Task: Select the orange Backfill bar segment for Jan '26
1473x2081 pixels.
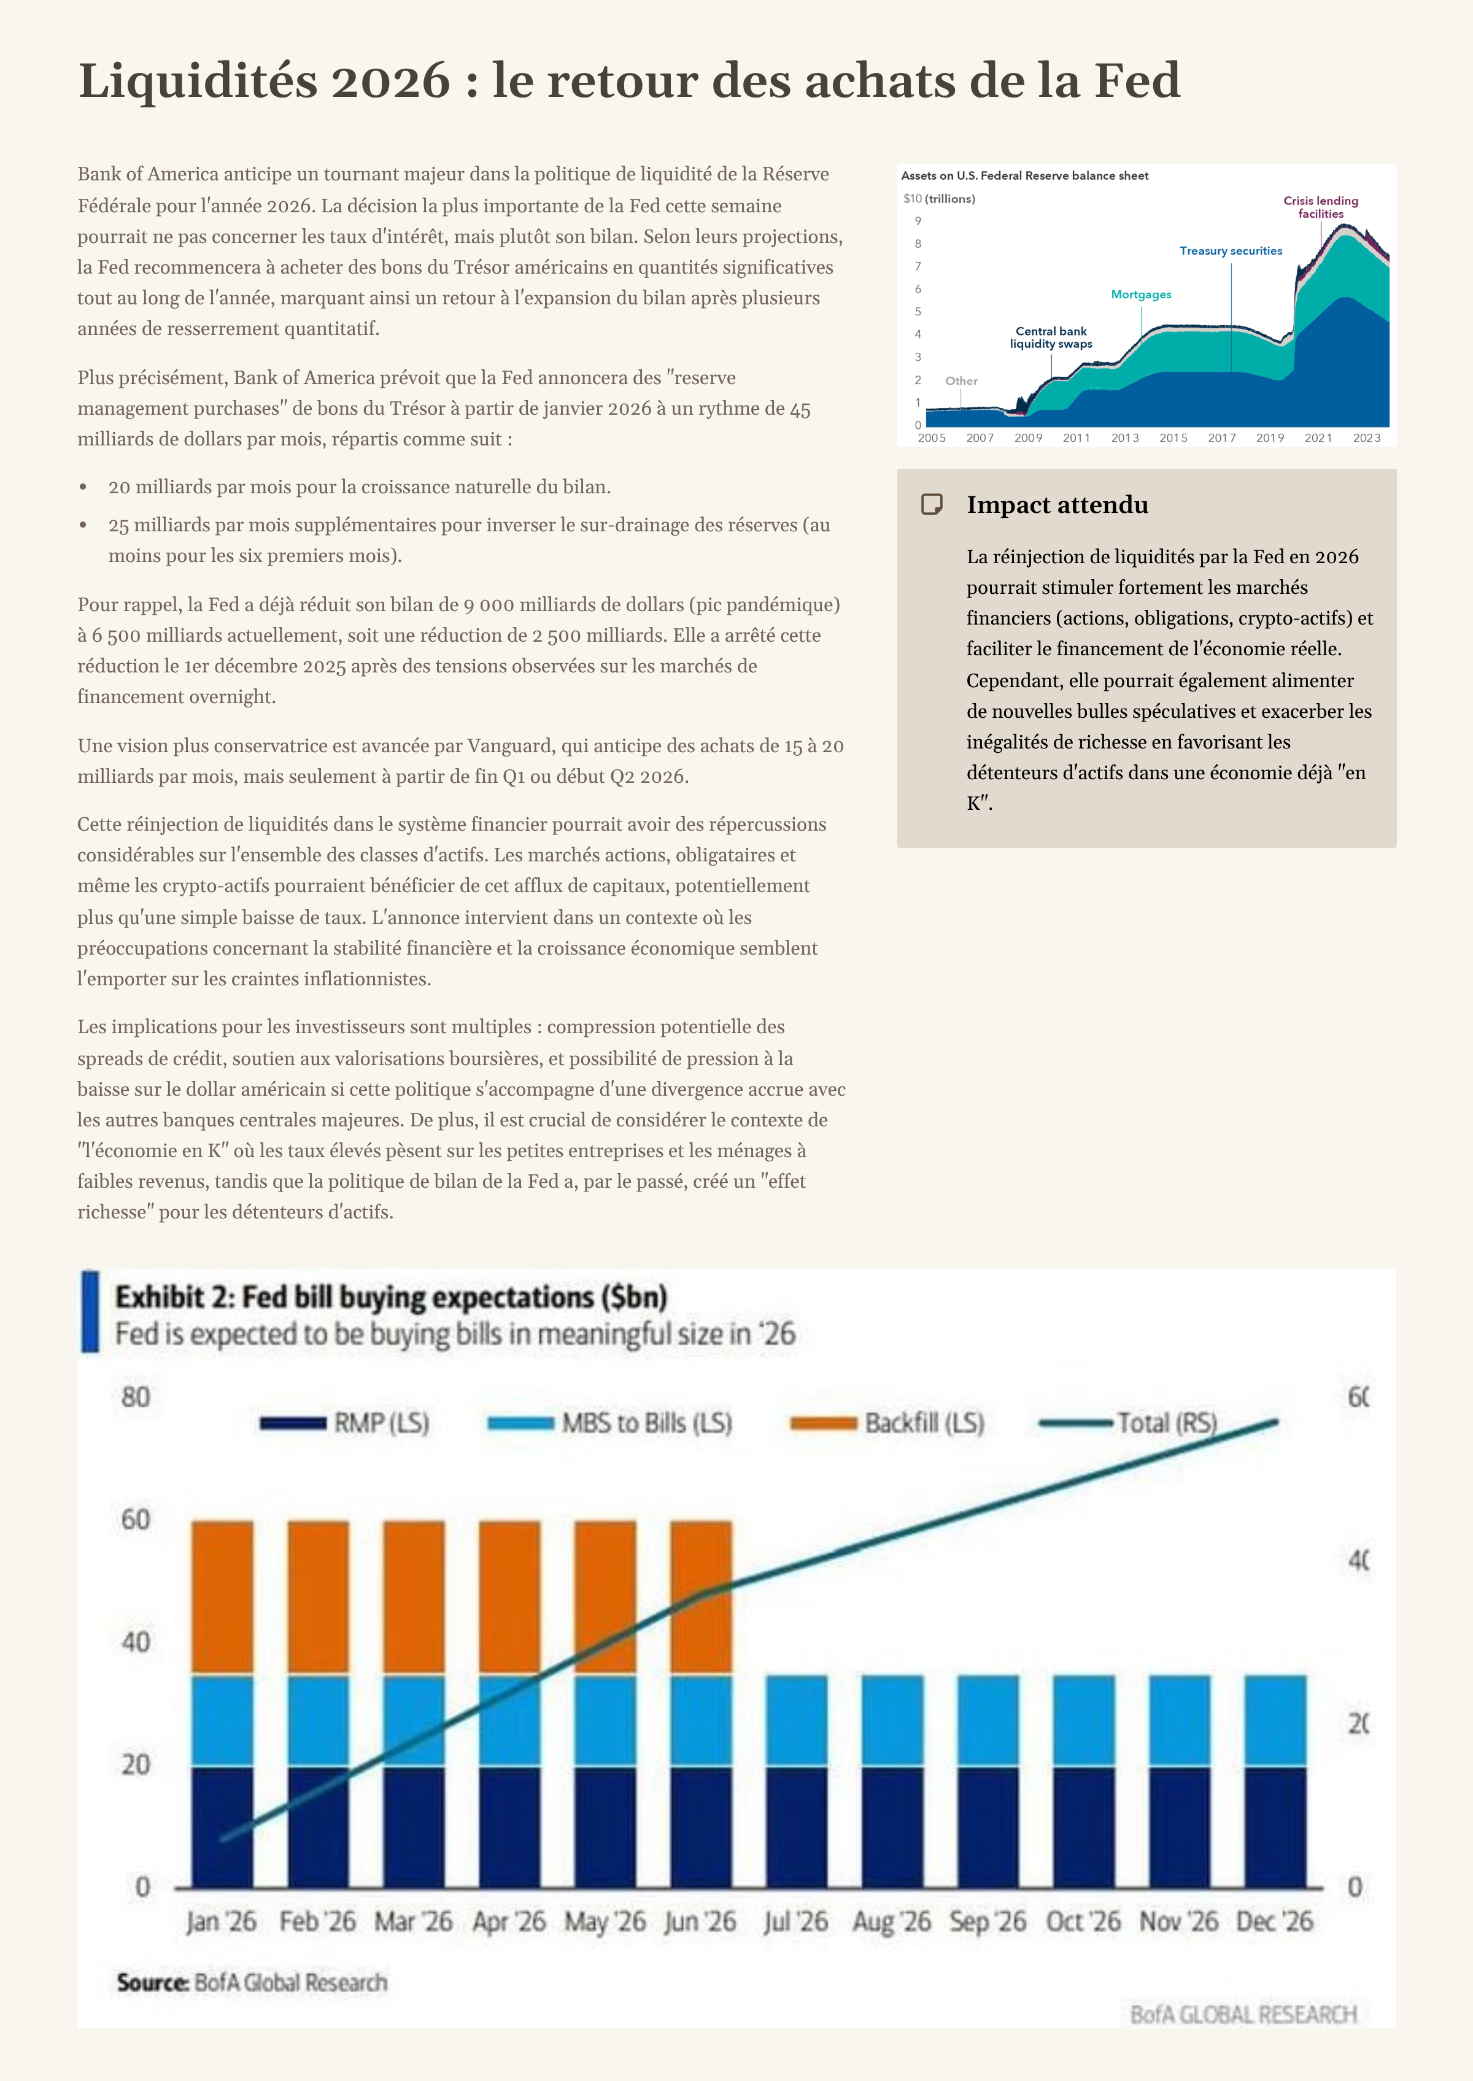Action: [222, 1597]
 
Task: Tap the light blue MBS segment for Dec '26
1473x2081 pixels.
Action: [1274, 1720]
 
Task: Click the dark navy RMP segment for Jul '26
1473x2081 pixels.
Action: [797, 1826]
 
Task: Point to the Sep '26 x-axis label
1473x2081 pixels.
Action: [987, 1920]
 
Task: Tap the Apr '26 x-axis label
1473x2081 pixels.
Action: [509, 1920]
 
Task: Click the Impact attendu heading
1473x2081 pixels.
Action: [1057, 504]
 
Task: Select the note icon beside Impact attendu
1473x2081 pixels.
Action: [932, 504]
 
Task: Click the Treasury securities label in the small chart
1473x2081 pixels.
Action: [1230, 251]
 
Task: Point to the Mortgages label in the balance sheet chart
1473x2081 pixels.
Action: [1140, 294]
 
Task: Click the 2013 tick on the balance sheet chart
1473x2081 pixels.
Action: [1125, 438]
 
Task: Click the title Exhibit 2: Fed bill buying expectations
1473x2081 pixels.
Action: [390, 1298]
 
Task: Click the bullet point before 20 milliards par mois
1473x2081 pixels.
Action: [83, 488]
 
